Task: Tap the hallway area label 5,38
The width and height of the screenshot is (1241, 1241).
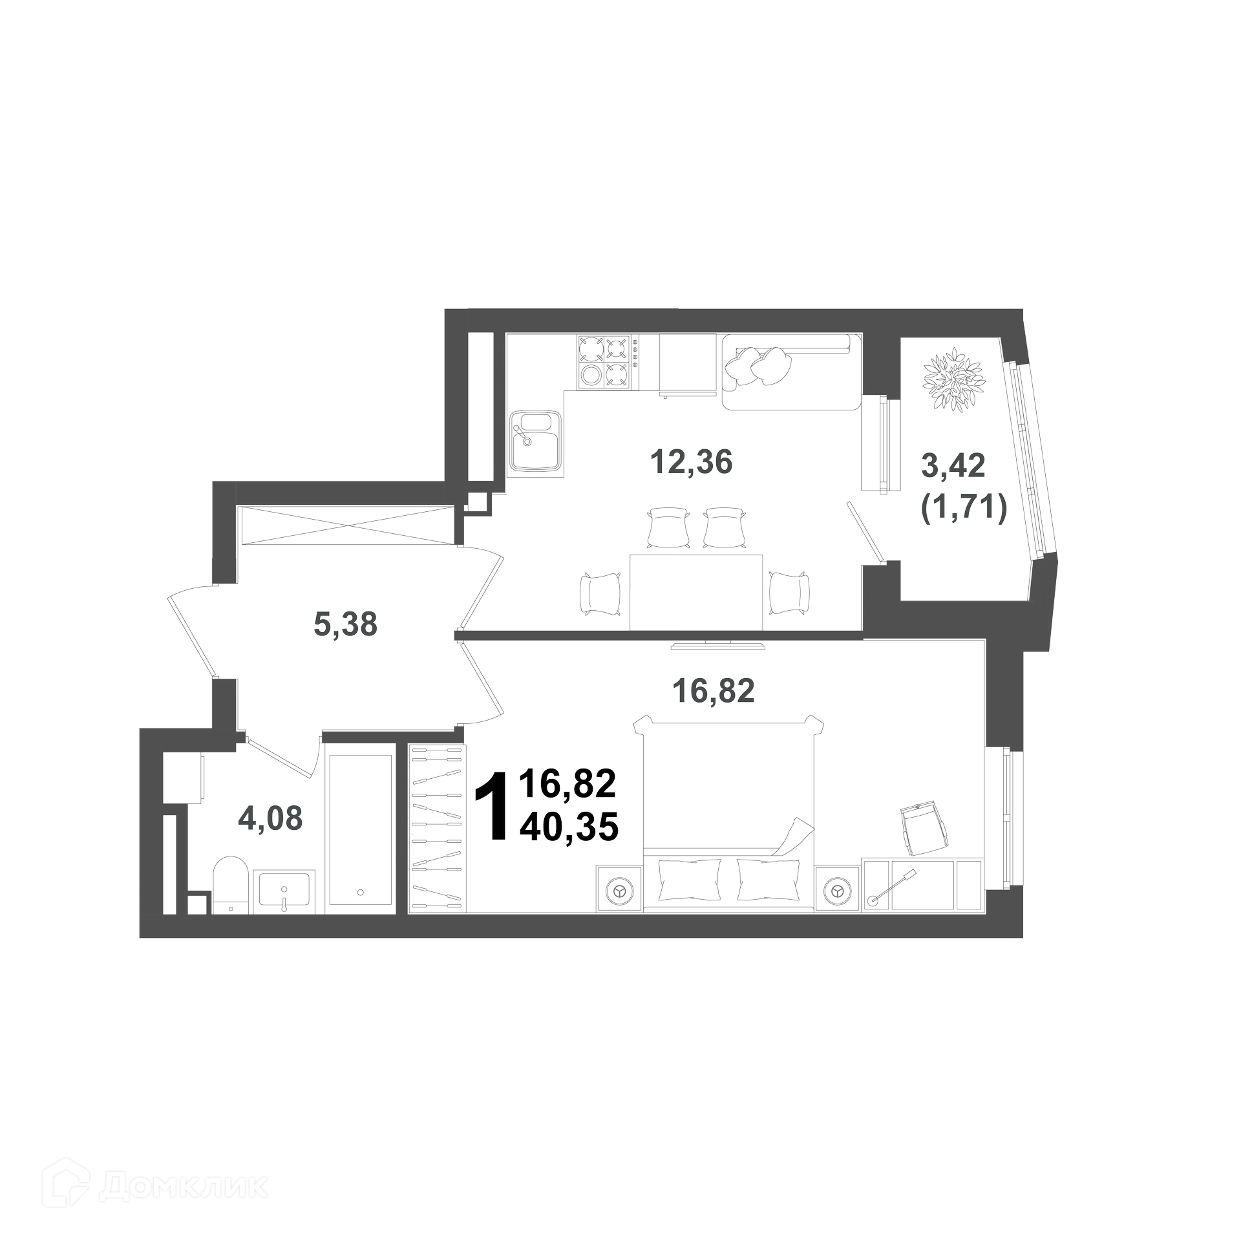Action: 345,624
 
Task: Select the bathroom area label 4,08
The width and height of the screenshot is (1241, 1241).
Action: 270,819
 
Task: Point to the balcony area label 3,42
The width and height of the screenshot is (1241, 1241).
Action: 953,465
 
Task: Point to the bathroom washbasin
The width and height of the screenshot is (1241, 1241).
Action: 284,891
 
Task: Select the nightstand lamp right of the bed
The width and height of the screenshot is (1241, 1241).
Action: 838,891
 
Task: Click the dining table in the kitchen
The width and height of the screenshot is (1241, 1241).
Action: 696,591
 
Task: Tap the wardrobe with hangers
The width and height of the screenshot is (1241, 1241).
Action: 438,827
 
